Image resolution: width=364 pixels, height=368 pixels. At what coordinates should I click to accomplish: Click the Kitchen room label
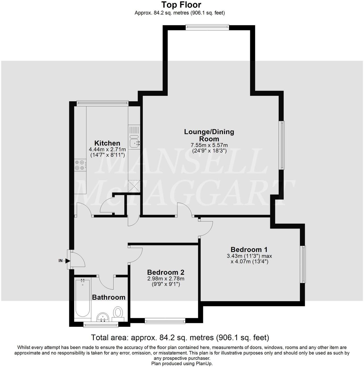pos(107,143)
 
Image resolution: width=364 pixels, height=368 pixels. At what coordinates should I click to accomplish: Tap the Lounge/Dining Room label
pos(209,135)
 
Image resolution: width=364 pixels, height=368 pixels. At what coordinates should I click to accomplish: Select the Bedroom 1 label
pos(249,249)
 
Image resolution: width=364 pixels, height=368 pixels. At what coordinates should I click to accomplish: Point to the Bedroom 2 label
pos(165,272)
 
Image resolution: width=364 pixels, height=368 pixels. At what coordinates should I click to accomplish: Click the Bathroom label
pos(109,297)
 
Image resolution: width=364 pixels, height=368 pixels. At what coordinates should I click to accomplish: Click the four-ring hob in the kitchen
pos(80,165)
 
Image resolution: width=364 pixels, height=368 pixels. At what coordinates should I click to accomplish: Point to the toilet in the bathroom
pos(118,313)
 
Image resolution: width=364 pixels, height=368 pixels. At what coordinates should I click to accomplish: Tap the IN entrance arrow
pos(68,261)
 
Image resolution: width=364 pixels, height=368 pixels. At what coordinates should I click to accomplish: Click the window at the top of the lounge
pos(207,27)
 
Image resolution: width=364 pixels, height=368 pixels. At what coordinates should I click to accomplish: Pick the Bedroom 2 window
pos(165,321)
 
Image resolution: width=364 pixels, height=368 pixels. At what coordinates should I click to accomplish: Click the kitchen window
pos(103,103)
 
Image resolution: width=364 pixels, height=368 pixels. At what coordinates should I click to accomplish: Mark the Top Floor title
pos(181,5)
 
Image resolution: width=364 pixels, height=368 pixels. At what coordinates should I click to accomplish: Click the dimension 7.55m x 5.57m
pos(209,145)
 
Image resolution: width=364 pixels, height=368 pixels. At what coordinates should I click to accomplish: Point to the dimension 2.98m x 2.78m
pos(165,279)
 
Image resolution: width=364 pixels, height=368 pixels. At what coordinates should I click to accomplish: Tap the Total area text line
pos(180,337)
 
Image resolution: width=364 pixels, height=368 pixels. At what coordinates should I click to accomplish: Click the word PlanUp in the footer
pos(204,364)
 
